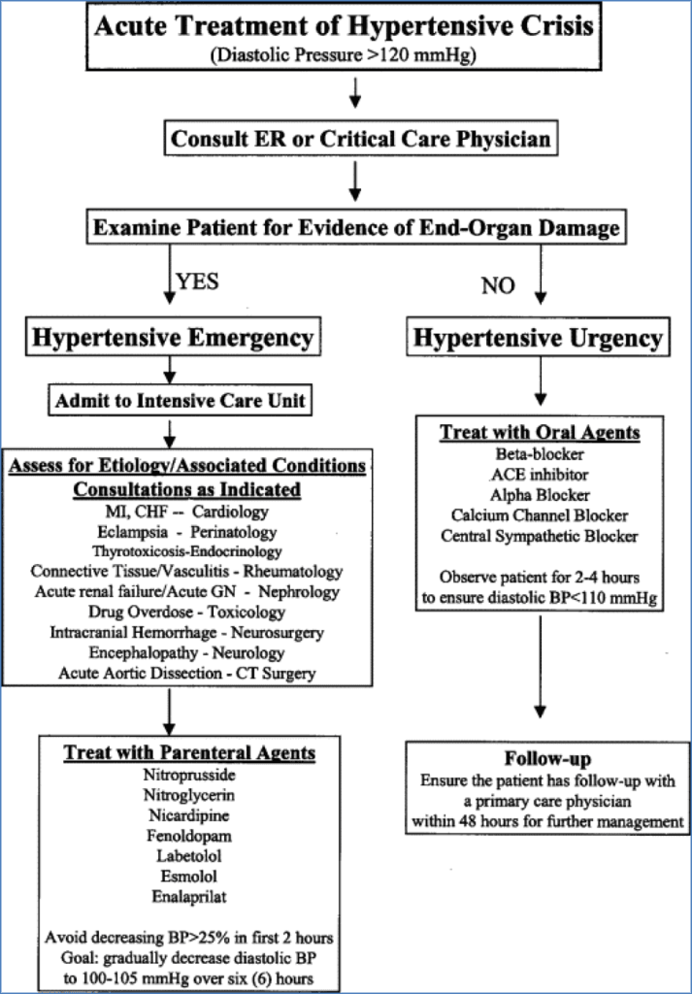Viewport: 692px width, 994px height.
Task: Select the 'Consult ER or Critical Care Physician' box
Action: click(x=361, y=139)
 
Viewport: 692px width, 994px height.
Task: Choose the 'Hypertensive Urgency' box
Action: click(x=540, y=338)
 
